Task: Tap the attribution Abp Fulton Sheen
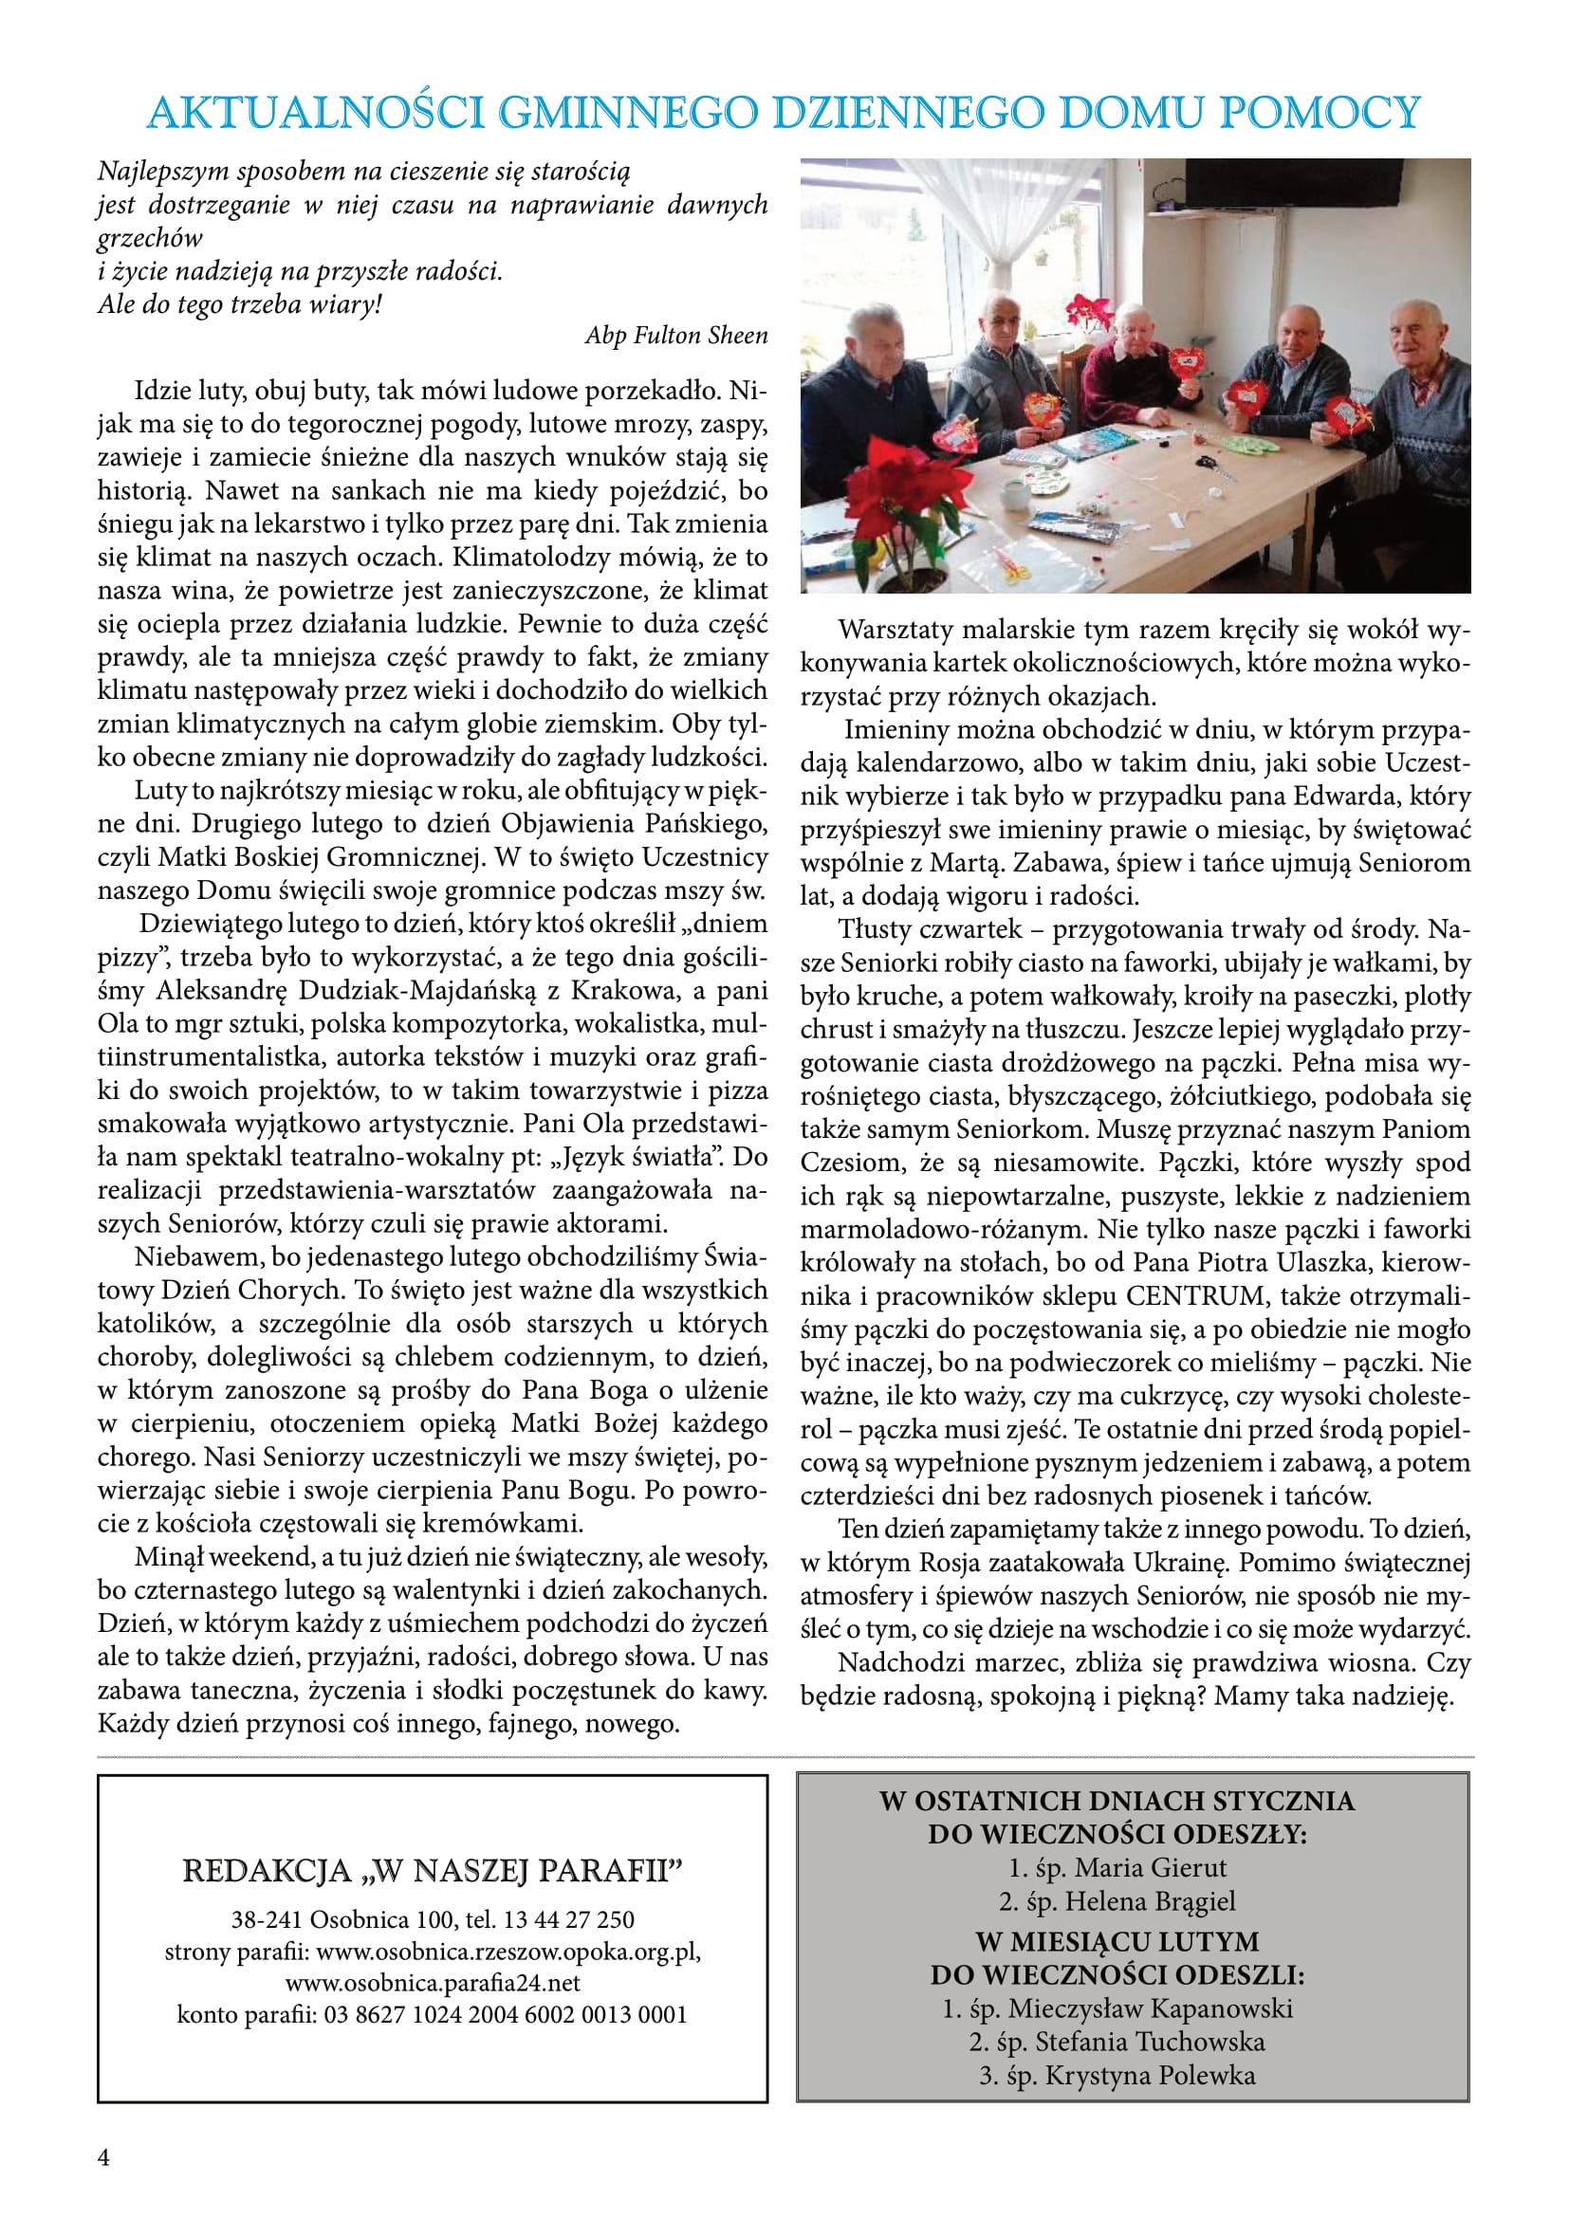pos(676,335)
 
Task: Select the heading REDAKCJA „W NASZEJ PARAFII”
pos(432,1871)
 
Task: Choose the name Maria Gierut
pos(1150,1867)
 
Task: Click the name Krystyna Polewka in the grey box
pos(1144,2075)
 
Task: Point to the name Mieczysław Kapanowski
pos(1150,2008)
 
